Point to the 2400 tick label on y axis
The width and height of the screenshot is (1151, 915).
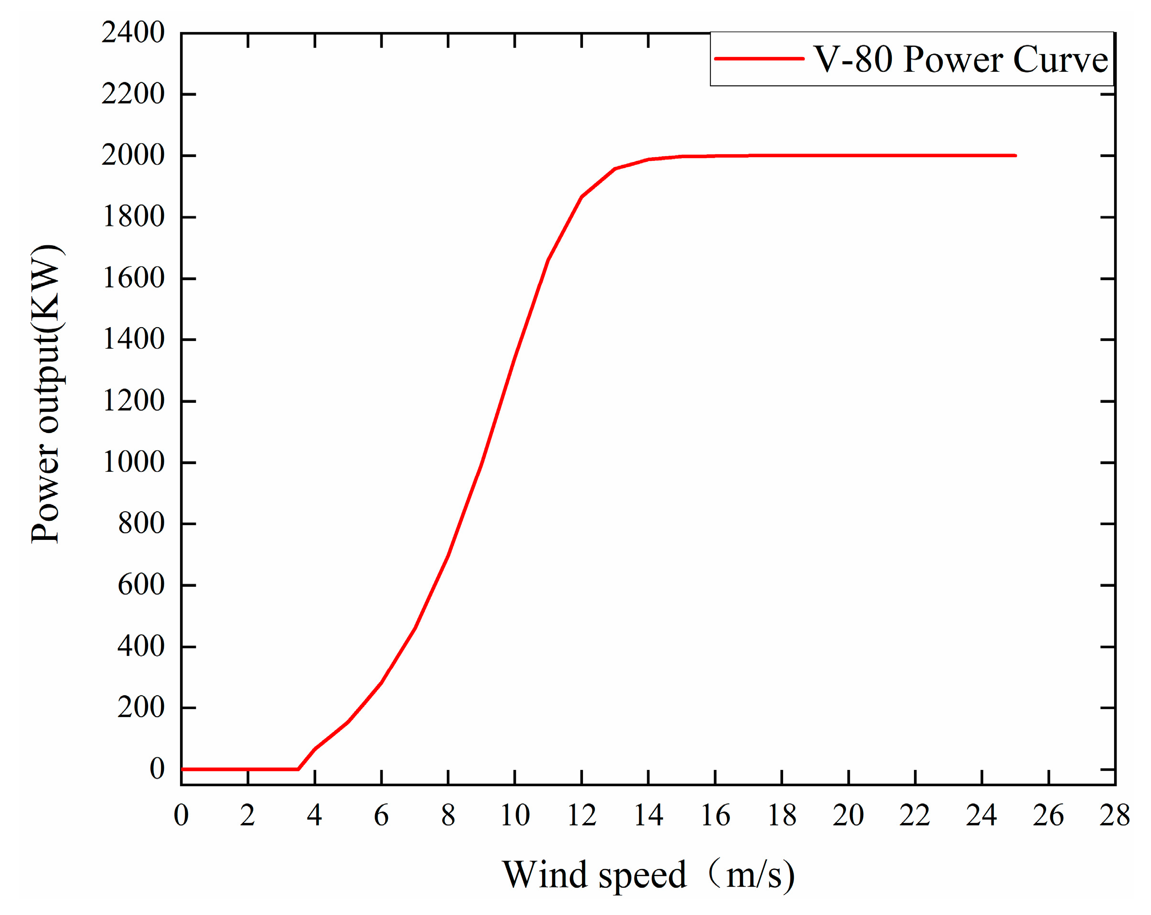click(x=133, y=33)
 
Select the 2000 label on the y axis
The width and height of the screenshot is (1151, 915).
click(x=133, y=155)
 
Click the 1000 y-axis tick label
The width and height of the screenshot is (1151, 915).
click(x=133, y=462)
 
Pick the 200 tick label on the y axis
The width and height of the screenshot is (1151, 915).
click(x=141, y=708)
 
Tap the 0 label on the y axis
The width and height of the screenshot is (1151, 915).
click(x=157, y=769)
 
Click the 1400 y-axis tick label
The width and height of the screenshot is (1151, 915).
click(x=133, y=339)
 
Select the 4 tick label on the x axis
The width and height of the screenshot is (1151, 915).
click(x=314, y=815)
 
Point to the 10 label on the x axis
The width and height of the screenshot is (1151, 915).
click(x=514, y=815)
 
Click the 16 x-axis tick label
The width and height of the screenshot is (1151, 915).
click(x=715, y=815)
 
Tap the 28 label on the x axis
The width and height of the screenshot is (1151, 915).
click(x=1115, y=815)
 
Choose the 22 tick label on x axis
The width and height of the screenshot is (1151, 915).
click(x=914, y=815)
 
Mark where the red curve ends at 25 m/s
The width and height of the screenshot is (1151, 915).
click(x=1015, y=155)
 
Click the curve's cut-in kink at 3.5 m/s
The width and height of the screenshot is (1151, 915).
click(x=298, y=769)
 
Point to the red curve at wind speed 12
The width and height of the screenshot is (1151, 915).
click(x=581, y=196)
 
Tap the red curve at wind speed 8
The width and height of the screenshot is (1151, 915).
click(x=448, y=555)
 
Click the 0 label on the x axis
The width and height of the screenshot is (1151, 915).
click(x=181, y=815)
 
